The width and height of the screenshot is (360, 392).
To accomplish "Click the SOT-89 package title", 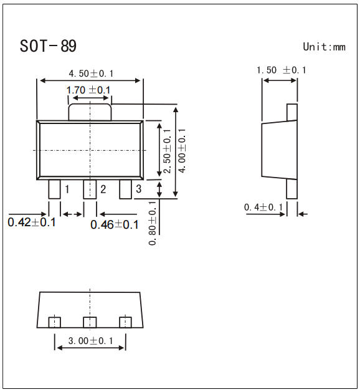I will pos(48,46).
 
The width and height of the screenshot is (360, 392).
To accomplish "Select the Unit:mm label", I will pos(323,47).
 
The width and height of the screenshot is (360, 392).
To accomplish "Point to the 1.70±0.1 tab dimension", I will pos(88,90).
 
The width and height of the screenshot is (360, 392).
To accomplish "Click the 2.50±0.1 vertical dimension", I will pos(166,151).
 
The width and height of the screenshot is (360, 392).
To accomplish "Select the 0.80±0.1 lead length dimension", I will pos(153,222).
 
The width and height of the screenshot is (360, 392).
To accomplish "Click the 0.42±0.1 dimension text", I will pos(32,222).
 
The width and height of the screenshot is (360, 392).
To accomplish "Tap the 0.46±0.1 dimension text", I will pos(115,224).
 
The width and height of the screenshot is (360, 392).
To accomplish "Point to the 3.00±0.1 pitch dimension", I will pos(91,341).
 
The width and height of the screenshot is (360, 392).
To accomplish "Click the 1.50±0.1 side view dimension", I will pos(282,70).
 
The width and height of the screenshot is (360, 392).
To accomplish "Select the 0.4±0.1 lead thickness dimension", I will pos(263,207).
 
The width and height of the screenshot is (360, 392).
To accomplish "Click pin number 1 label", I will pos(67,189).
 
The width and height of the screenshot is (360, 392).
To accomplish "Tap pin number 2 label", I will pos(103,189).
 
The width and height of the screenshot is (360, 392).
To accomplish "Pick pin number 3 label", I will pos(138,189).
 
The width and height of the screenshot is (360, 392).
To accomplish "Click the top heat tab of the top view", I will pos(90,112).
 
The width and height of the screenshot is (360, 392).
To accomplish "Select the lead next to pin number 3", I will pos(126,189).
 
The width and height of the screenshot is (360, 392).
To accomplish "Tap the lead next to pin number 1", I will pos(54,189).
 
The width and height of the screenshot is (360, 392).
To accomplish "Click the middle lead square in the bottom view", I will pos(90,322).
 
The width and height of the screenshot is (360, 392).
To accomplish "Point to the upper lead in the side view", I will pos(291,112).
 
